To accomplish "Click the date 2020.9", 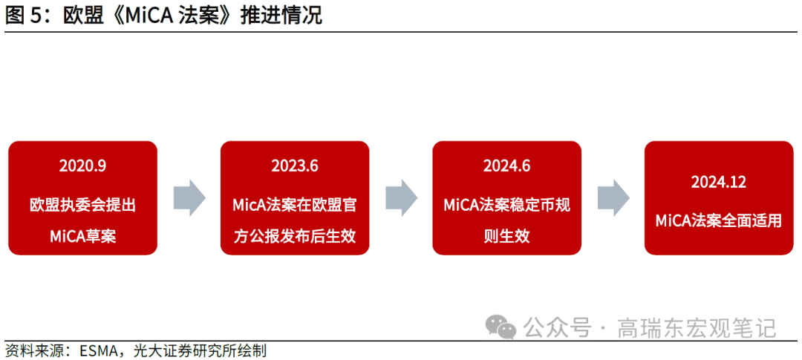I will [x=82, y=166].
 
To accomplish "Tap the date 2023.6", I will [x=295, y=166].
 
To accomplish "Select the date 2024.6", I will [x=506, y=166].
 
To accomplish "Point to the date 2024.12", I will [x=718, y=182].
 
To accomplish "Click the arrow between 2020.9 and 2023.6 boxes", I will [x=189, y=198].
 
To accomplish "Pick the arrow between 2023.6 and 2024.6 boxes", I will [x=401, y=198].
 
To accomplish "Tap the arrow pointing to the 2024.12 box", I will [x=613, y=198].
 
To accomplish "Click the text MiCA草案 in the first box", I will [x=82, y=237].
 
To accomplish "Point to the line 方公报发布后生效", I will [x=295, y=237].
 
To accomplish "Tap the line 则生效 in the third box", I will [x=506, y=237].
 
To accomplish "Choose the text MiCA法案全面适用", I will [x=718, y=220].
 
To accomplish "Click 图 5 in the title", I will [x=22, y=16].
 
